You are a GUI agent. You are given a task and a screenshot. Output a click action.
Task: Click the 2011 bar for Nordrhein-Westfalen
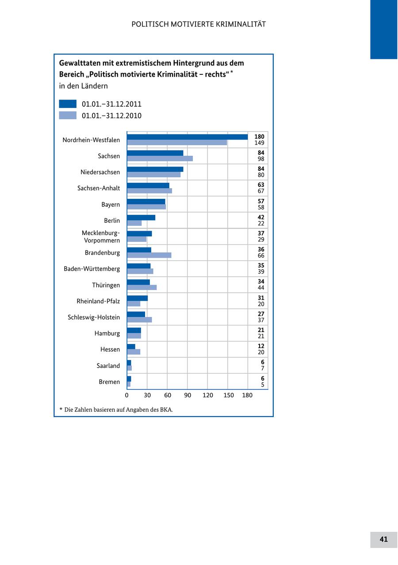point(187,137)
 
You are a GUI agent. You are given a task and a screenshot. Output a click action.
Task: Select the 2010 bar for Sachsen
point(160,159)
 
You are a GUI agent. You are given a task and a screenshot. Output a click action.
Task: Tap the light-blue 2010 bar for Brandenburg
point(149,255)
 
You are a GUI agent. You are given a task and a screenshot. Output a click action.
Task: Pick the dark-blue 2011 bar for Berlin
point(141,217)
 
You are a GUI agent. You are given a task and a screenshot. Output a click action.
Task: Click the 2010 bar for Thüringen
point(142,287)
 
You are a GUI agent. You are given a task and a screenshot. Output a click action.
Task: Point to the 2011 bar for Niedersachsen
point(155,169)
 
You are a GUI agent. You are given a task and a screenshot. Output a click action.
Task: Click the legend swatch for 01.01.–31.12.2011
point(68,104)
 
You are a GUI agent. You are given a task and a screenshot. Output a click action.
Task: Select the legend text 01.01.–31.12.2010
point(111,116)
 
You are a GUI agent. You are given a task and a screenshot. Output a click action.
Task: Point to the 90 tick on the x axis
point(188,395)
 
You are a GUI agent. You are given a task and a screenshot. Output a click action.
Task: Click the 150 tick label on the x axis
point(228,395)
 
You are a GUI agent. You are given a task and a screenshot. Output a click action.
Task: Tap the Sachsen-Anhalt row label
point(99,188)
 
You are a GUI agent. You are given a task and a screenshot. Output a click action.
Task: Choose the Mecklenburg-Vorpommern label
point(101,236)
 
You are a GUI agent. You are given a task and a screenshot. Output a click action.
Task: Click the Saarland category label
point(108,366)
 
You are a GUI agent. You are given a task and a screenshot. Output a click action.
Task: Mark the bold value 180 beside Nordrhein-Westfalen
point(259,137)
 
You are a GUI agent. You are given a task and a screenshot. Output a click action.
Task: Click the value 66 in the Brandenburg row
point(261,255)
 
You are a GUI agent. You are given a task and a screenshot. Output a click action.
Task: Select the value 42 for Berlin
point(261,217)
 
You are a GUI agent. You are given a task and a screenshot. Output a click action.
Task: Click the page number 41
point(383,539)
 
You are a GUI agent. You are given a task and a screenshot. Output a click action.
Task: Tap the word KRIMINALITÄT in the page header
point(241,24)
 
